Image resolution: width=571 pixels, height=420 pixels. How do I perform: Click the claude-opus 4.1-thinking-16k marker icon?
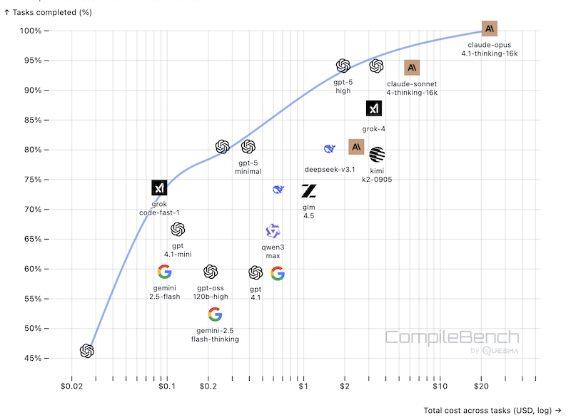click(489, 29)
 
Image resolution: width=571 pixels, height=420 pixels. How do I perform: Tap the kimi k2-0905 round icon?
click(377, 153)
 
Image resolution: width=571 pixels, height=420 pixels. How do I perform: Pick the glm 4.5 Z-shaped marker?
click(308, 190)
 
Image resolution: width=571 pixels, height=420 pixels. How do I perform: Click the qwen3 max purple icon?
click(273, 231)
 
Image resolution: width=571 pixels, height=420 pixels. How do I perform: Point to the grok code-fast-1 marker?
click(159, 188)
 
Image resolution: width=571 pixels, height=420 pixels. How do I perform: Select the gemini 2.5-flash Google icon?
click(164, 272)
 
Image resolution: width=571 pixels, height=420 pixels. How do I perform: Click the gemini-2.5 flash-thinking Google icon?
click(215, 314)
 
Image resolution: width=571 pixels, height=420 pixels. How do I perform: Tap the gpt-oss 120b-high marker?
click(211, 272)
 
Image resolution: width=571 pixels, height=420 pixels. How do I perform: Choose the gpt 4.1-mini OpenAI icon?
click(178, 230)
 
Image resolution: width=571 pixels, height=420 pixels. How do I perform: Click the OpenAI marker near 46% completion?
click(86, 351)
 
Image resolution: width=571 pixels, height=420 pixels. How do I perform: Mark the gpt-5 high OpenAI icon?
click(343, 66)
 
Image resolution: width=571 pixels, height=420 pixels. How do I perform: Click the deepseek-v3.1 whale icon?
click(330, 148)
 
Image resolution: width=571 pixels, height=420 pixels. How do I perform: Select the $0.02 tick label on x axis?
click(71, 386)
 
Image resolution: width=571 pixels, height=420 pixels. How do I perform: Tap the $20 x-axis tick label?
click(481, 386)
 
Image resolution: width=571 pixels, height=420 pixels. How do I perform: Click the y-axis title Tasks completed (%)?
click(48, 12)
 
